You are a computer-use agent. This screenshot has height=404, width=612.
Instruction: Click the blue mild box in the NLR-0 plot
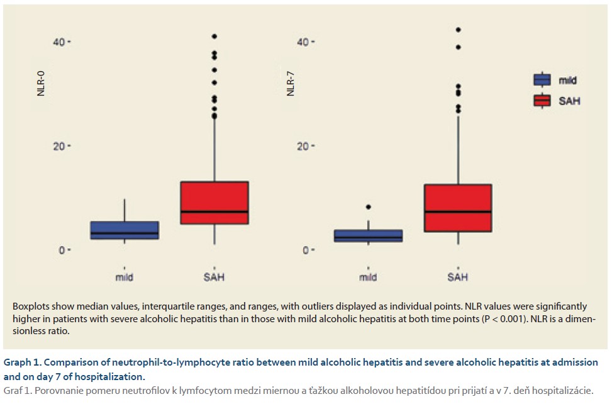125,230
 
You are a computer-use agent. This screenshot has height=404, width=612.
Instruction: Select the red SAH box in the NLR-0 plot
214,203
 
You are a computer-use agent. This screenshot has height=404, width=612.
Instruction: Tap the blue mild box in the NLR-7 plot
368,236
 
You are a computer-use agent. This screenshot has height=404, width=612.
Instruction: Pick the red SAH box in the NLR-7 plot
458,208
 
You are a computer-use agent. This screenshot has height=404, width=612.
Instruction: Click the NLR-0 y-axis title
41,84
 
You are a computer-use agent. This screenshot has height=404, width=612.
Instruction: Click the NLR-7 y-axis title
290,84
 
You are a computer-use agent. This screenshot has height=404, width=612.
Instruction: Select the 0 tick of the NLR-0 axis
63,250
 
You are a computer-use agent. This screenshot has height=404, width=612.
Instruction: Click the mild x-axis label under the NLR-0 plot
125,277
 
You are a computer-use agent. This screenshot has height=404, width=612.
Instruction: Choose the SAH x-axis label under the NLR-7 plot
458,277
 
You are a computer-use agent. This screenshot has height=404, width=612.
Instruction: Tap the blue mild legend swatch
542,80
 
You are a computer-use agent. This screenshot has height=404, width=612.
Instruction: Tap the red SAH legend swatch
542,100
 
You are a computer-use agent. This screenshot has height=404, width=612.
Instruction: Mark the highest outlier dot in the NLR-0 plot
214,36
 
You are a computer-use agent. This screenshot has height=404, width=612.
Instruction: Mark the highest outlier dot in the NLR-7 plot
458,30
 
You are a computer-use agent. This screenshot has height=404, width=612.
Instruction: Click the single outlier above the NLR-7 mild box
368,207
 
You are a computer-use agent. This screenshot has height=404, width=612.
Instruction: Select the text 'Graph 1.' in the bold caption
23,362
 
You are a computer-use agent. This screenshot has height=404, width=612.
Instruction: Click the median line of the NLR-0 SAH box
214,211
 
